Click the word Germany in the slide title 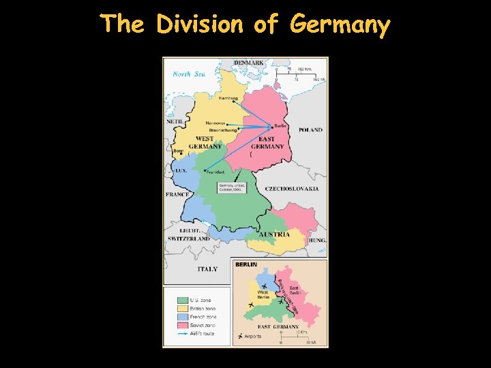340,26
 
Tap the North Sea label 189,74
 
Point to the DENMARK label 249,63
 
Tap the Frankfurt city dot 205,170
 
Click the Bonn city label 179,151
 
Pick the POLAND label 310,129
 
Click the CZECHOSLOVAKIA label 292,188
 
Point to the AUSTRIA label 278,234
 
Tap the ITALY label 207,269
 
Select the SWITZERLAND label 189,239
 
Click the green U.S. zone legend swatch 182,299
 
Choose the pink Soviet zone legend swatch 182,325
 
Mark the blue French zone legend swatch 182,317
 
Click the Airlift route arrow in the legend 182,334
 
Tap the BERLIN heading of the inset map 247,264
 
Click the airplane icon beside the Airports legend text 239,336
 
